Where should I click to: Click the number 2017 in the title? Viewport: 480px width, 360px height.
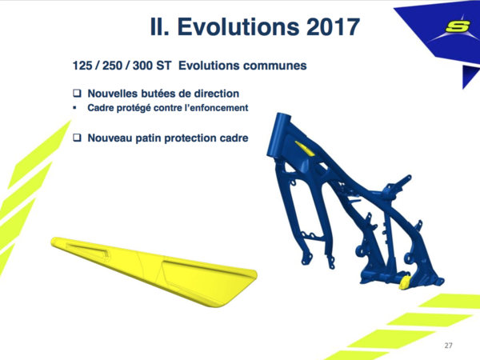[333, 26]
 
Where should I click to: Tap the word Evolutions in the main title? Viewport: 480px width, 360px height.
[238, 26]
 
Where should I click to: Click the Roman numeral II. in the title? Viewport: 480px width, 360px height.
[159, 26]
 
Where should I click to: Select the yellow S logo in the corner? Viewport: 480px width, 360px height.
[458, 26]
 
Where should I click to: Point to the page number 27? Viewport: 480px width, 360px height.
[448, 346]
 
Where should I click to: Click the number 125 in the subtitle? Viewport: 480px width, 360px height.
[82, 66]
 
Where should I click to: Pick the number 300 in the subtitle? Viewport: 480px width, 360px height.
[142, 66]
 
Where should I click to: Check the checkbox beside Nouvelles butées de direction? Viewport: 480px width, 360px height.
[77, 93]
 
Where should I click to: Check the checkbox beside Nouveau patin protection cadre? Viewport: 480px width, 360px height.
[77, 138]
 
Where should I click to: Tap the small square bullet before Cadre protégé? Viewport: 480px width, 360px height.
[74, 108]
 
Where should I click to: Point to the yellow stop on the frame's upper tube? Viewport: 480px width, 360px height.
[304, 148]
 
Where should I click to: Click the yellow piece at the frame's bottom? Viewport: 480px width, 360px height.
[405, 282]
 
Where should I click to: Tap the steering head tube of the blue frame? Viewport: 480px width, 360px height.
[278, 134]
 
